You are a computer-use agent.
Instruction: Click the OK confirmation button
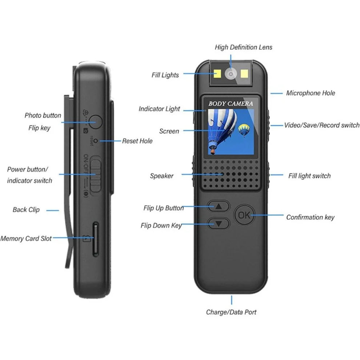tap(244, 215)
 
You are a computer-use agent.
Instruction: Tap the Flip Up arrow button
tap(219, 206)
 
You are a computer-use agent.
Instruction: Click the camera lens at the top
tap(230, 74)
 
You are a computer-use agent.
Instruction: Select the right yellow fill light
tap(244, 74)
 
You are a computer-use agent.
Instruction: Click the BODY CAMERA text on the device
tap(231, 104)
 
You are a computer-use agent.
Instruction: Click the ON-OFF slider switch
tap(95, 174)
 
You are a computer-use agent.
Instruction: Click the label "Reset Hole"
tap(137, 141)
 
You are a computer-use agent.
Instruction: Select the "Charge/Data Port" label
tap(231, 312)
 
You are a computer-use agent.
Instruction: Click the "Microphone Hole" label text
tap(311, 93)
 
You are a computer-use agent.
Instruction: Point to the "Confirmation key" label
tap(310, 217)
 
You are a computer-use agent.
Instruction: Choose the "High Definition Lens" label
tap(243, 47)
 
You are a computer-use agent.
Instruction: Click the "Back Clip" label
tap(26, 210)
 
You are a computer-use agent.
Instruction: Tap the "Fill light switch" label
tap(309, 176)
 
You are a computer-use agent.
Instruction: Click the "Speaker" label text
tap(161, 176)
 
